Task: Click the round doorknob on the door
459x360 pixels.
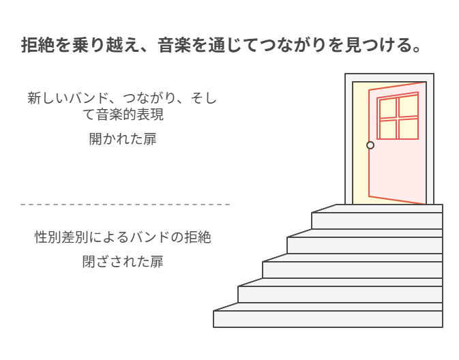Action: coord(370,145)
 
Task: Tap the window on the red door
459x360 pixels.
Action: coord(398,118)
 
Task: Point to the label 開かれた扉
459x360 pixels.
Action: coord(123,139)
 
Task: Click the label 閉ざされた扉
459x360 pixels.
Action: coord(123,262)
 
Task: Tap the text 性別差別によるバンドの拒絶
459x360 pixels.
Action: coord(123,237)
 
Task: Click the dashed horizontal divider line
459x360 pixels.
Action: coord(125,204)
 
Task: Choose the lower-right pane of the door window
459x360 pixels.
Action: coord(409,128)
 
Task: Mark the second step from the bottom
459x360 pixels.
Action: coord(340,294)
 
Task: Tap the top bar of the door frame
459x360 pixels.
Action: coord(389,77)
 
